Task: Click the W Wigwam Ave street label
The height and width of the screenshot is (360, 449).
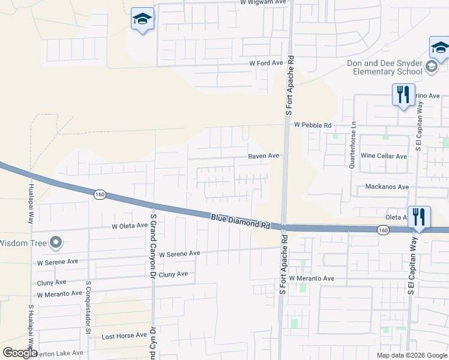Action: click(264, 2)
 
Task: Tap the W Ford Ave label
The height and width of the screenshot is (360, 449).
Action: click(266, 63)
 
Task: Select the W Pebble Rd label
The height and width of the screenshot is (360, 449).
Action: click(313, 125)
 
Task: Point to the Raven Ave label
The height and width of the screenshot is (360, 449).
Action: click(264, 155)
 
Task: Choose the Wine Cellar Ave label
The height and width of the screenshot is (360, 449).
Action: click(384, 156)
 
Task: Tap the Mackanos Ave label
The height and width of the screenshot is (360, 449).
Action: click(387, 187)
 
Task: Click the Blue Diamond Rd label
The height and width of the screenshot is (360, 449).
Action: click(239, 221)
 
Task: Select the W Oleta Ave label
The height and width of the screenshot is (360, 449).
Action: click(129, 226)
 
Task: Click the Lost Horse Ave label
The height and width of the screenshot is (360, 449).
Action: click(124, 335)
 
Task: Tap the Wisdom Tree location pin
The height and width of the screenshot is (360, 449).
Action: click(56, 243)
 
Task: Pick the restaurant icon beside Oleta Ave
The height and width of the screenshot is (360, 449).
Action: click(419, 217)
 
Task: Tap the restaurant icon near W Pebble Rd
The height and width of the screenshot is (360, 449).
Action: click(403, 94)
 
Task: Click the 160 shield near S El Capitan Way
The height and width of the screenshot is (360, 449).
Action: click(383, 230)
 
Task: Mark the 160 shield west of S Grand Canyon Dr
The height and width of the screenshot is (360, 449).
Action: click(100, 194)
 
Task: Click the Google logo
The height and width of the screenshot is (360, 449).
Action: click(20, 353)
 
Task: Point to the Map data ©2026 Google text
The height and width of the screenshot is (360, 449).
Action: click(411, 355)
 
